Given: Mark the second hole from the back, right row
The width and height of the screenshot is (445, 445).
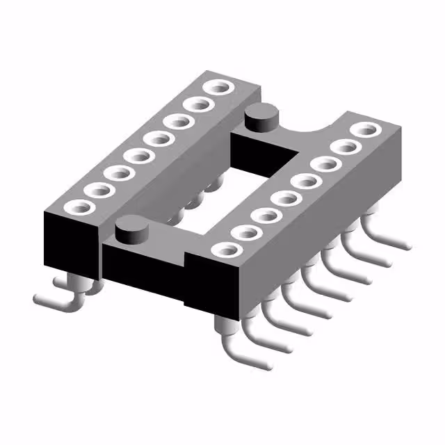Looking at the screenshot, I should [x=345, y=147].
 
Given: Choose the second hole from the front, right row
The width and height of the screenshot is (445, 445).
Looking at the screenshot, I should [x=245, y=233].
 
